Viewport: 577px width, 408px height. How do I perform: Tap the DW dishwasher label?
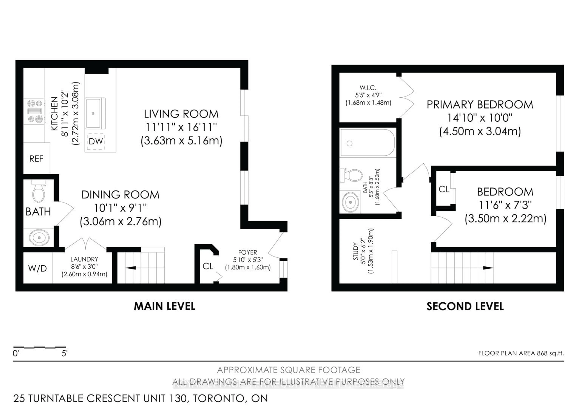coord(96,141)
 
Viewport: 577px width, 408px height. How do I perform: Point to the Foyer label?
coord(247,252)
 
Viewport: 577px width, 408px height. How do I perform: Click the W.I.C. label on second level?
coord(368,88)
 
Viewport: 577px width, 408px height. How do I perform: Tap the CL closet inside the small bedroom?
coord(444,189)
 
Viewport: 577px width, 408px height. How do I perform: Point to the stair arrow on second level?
coord(488,268)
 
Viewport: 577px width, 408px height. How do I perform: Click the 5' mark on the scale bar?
coord(64,353)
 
